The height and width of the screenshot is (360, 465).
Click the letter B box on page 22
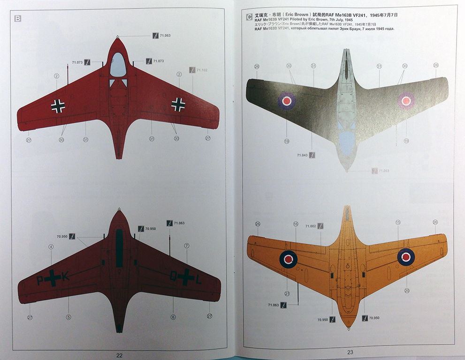(18, 18)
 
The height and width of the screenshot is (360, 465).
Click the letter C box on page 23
(249, 18)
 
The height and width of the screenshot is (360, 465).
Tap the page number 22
(119, 355)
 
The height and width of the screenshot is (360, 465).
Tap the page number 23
(350, 352)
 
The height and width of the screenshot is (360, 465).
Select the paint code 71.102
(202, 70)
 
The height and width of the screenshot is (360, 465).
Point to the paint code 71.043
(303, 155)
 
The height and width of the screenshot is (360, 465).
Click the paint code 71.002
(310, 226)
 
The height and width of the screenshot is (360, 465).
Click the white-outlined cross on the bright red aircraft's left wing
(58, 106)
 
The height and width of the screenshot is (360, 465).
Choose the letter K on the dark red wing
(65, 277)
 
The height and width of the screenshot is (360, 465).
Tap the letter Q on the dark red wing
(173, 275)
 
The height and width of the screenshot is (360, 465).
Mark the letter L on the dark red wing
(198, 281)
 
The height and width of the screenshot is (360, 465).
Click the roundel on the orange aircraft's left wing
(288, 259)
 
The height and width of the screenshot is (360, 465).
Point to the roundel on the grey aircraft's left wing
(286, 100)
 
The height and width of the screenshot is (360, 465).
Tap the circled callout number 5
(69, 317)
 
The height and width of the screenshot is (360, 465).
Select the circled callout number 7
(186, 246)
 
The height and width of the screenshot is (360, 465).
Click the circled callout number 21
(286, 294)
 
